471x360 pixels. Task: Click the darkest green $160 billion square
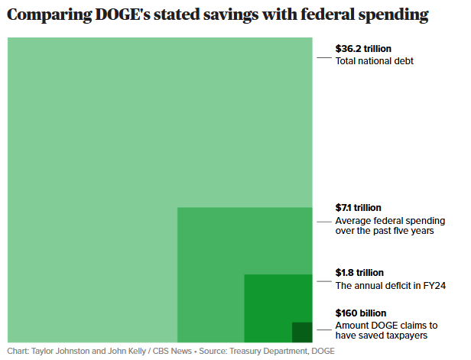(x=302, y=332)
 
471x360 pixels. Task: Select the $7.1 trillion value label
(x=359, y=207)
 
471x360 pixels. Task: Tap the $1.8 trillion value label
(x=359, y=273)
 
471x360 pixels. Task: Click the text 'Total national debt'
(x=375, y=61)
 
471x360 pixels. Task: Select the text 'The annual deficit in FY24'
(x=391, y=286)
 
